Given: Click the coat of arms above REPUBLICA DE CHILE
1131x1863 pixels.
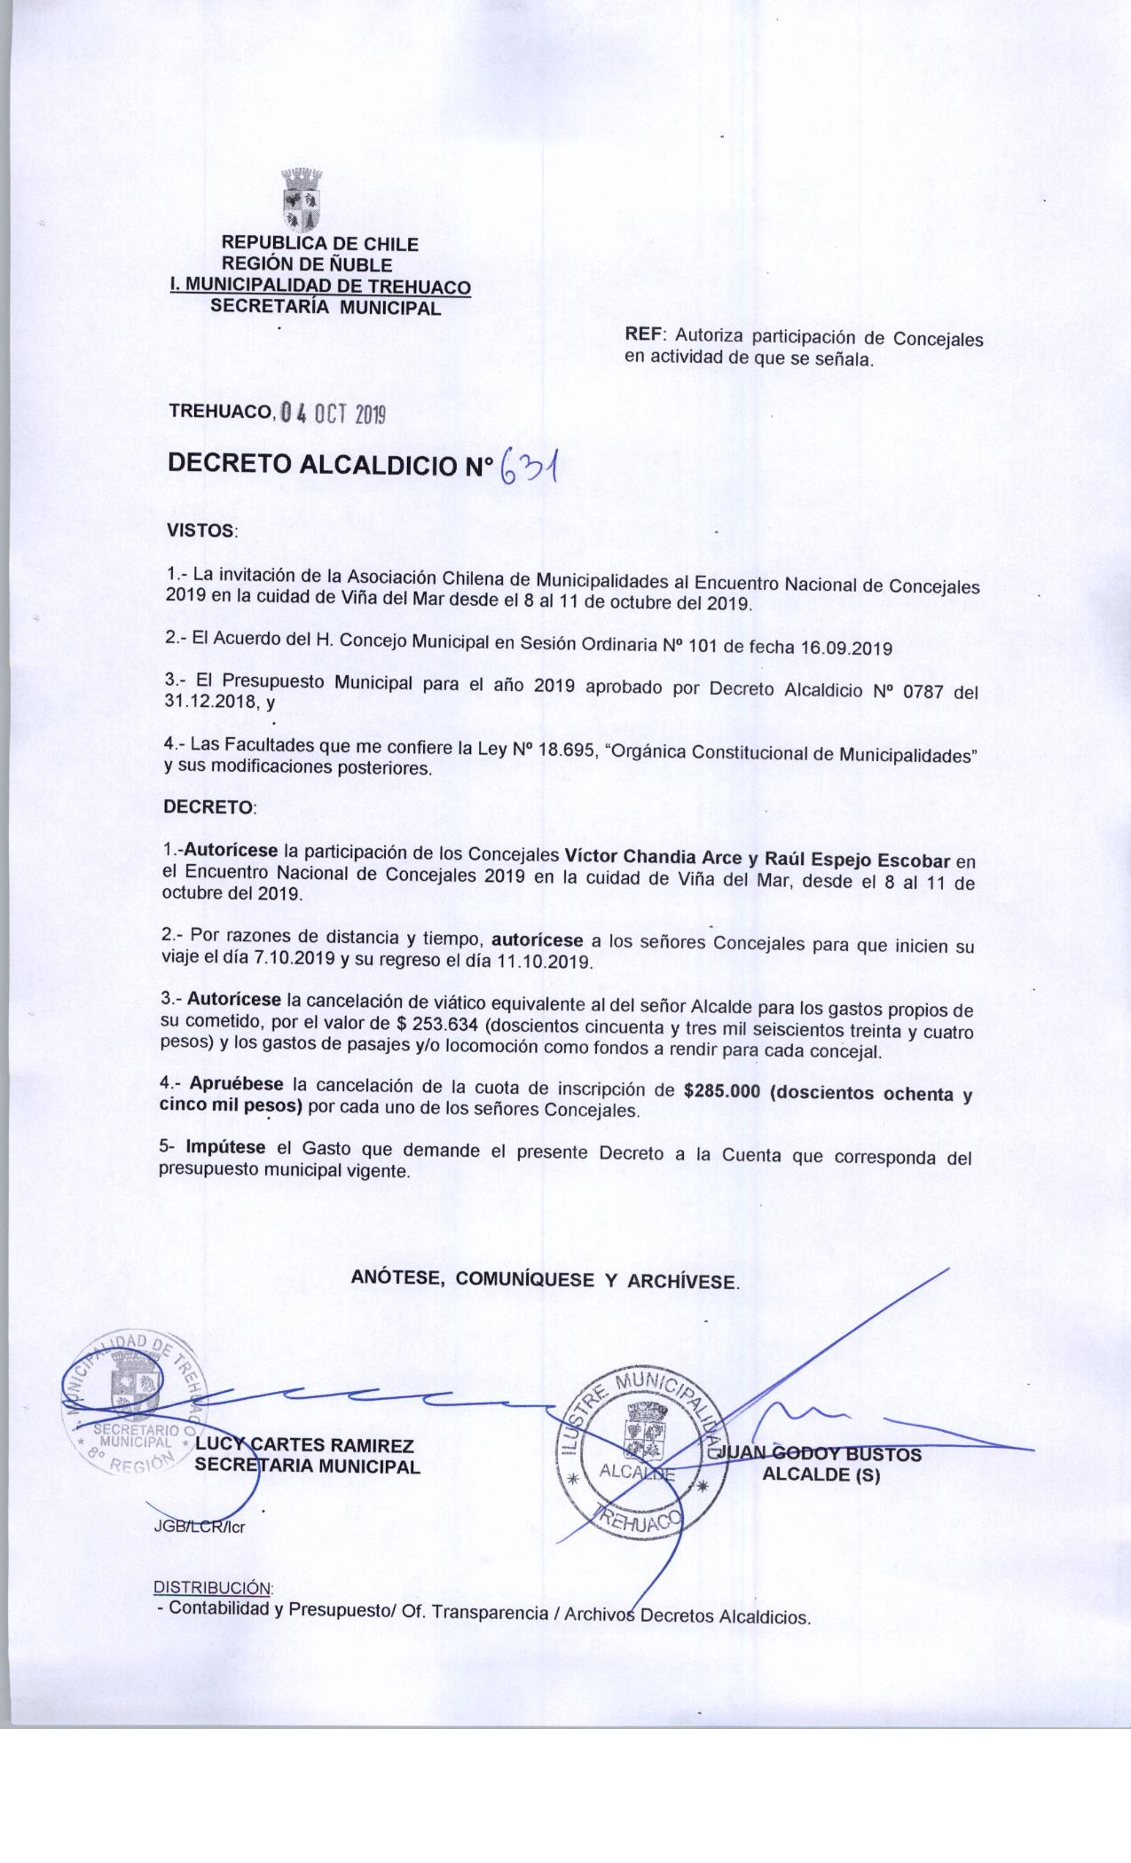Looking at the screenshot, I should click(x=302, y=200).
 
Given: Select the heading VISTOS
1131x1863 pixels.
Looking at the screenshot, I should click(x=201, y=531).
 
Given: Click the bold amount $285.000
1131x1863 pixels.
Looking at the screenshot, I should click(x=722, y=1092).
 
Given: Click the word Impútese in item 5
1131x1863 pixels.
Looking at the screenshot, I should click(x=225, y=1147).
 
